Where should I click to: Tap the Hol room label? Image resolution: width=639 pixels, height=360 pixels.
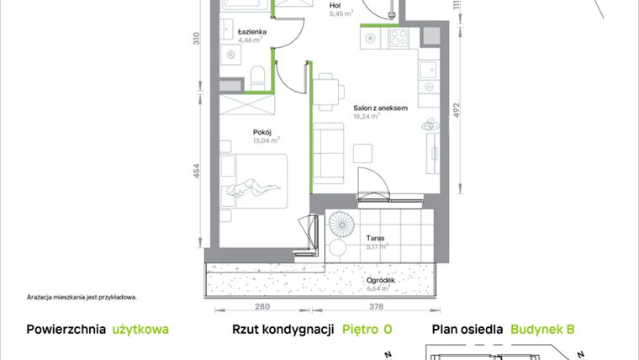tap(335, 5)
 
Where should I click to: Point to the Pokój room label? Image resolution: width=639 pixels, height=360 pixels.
tap(261, 132)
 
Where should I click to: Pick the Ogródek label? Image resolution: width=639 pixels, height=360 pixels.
tap(380, 282)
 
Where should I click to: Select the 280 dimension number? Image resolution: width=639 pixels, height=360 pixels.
tap(261, 307)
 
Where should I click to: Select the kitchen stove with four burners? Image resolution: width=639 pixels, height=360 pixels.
tap(397, 38)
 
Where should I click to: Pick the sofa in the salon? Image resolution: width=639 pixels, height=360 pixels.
tap(328, 153)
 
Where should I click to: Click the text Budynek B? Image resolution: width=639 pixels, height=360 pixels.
tap(542, 330)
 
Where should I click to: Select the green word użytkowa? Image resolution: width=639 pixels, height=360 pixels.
tap(140, 330)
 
